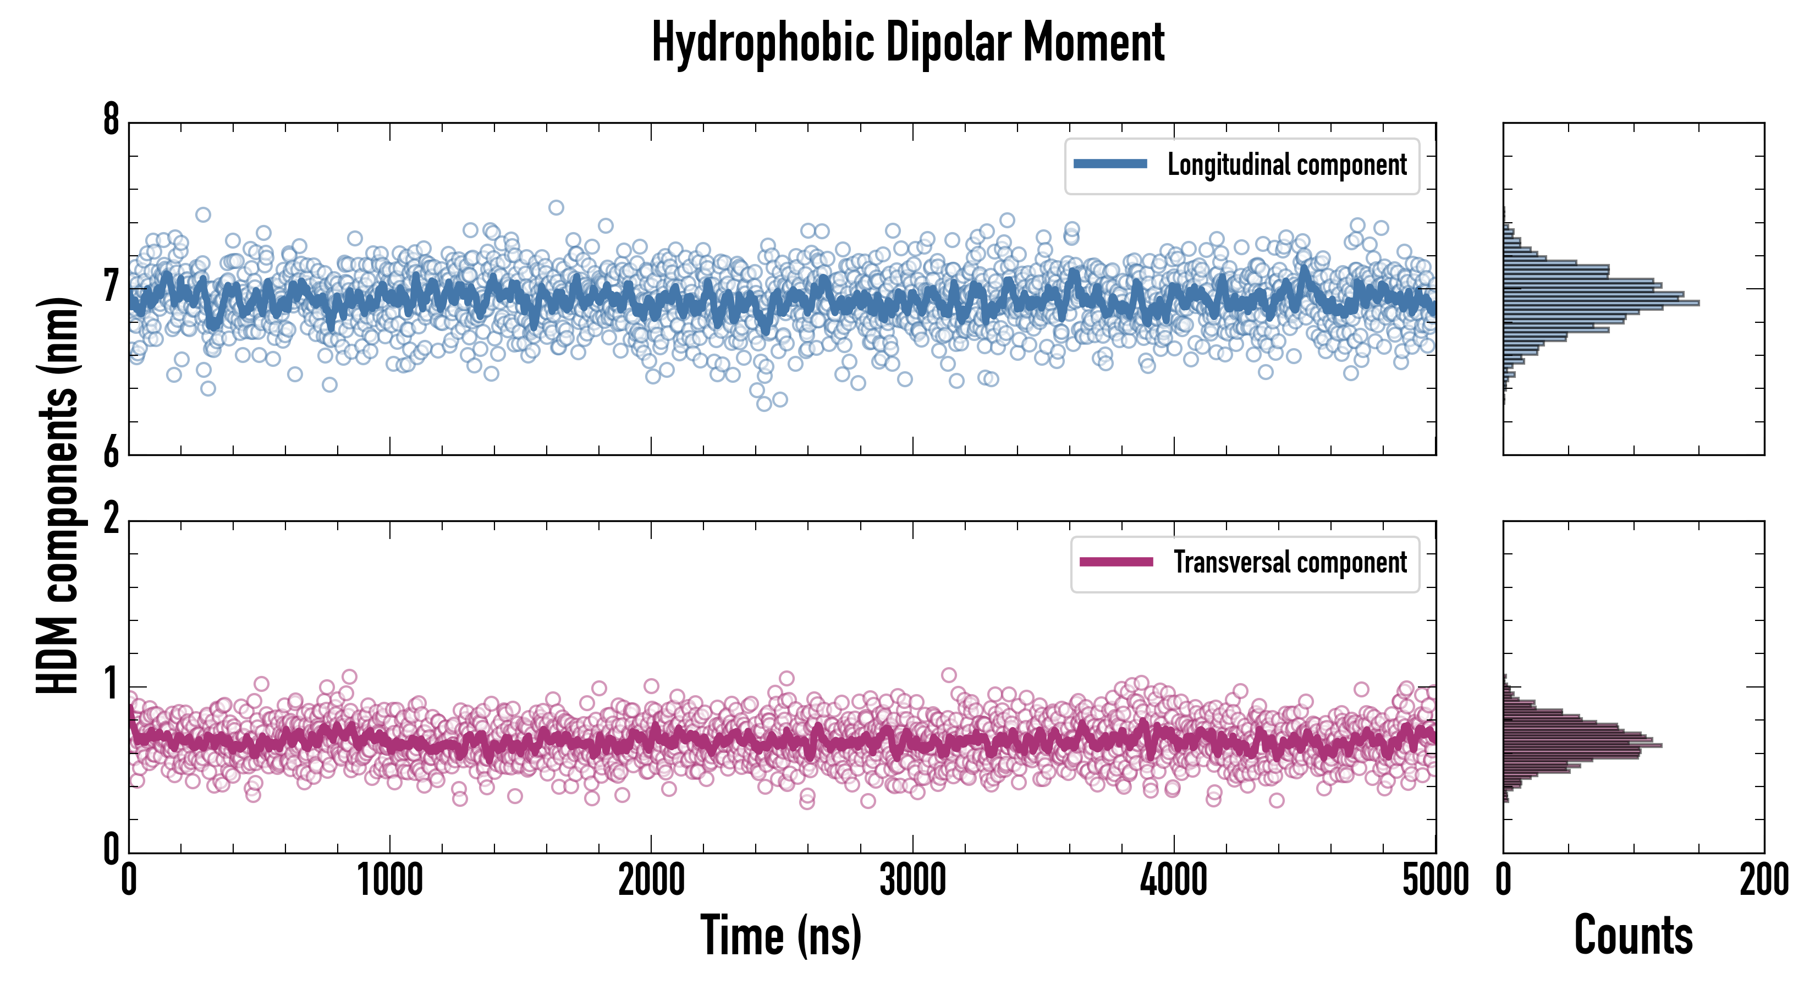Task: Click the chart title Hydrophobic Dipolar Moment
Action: (x=908, y=43)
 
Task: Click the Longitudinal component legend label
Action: (x=1286, y=165)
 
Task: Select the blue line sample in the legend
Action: (x=1110, y=164)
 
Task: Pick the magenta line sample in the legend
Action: (x=1116, y=562)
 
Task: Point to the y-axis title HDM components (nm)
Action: (x=58, y=496)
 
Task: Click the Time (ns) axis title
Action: (x=780, y=935)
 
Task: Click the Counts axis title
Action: (x=1633, y=935)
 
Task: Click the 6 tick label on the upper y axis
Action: (x=111, y=453)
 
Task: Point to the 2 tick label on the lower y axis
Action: (x=111, y=520)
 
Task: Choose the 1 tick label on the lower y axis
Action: (x=111, y=685)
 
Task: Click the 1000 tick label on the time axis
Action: (x=389, y=881)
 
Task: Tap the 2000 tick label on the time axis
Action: (x=651, y=881)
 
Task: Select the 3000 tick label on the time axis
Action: (x=912, y=881)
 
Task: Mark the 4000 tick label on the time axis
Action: (x=1174, y=881)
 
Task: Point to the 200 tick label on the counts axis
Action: (x=1763, y=881)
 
